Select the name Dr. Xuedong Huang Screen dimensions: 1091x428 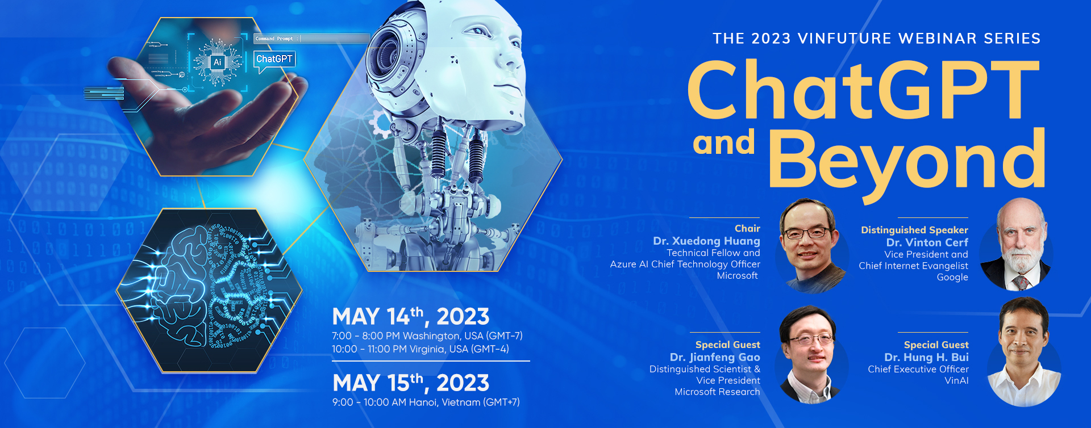tap(706, 241)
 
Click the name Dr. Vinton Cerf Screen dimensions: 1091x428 tap(927, 242)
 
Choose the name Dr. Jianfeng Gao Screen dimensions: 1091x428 tap(715, 357)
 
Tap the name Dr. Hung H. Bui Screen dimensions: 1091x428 tap(926, 357)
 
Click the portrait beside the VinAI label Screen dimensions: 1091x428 tap(1024, 352)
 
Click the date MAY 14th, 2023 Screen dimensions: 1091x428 tap(410, 316)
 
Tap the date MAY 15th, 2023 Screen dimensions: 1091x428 tap(411, 383)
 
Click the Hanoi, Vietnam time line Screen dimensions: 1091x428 tap(426, 402)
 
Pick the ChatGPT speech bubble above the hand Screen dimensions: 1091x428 tap(274, 61)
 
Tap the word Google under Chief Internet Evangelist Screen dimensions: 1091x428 tap(952, 278)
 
